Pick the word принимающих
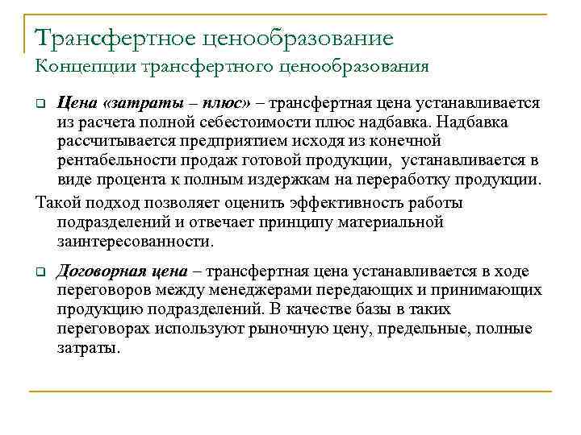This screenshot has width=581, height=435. (x=490, y=290)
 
